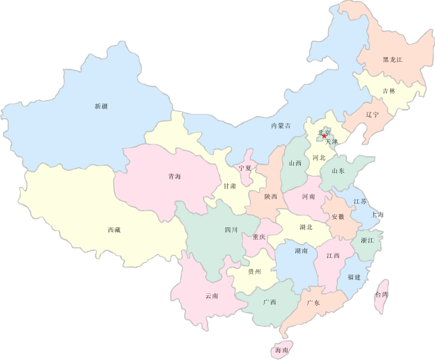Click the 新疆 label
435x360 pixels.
pyautogui.click(x=101, y=106)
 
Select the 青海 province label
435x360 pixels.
pyautogui.click(x=174, y=177)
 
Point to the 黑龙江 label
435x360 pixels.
pyautogui.click(x=393, y=60)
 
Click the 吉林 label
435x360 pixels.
pyautogui.click(x=389, y=91)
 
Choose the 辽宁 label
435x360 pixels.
pyautogui.click(x=372, y=115)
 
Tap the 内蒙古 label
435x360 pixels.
pyautogui.click(x=281, y=126)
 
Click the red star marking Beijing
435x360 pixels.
pyautogui.click(x=324, y=137)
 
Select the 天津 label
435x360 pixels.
pyautogui.click(x=331, y=142)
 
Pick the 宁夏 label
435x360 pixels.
pyautogui.click(x=245, y=168)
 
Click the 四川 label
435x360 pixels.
pyautogui.click(x=231, y=229)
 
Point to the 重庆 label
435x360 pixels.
pyautogui.click(x=258, y=237)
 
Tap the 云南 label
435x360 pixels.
pyautogui.click(x=212, y=295)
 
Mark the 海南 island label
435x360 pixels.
pyautogui.click(x=281, y=349)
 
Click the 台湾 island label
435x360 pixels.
pyautogui.click(x=381, y=295)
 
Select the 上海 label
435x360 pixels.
pyautogui.click(x=377, y=215)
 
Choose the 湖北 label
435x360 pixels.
pyautogui.click(x=306, y=227)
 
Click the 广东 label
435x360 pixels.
pyautogui.click(x=313, y=303)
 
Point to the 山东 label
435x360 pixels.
pyautogui.click(x=338, y=170)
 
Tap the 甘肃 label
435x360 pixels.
pyautogui.click(x=229, y=186)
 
